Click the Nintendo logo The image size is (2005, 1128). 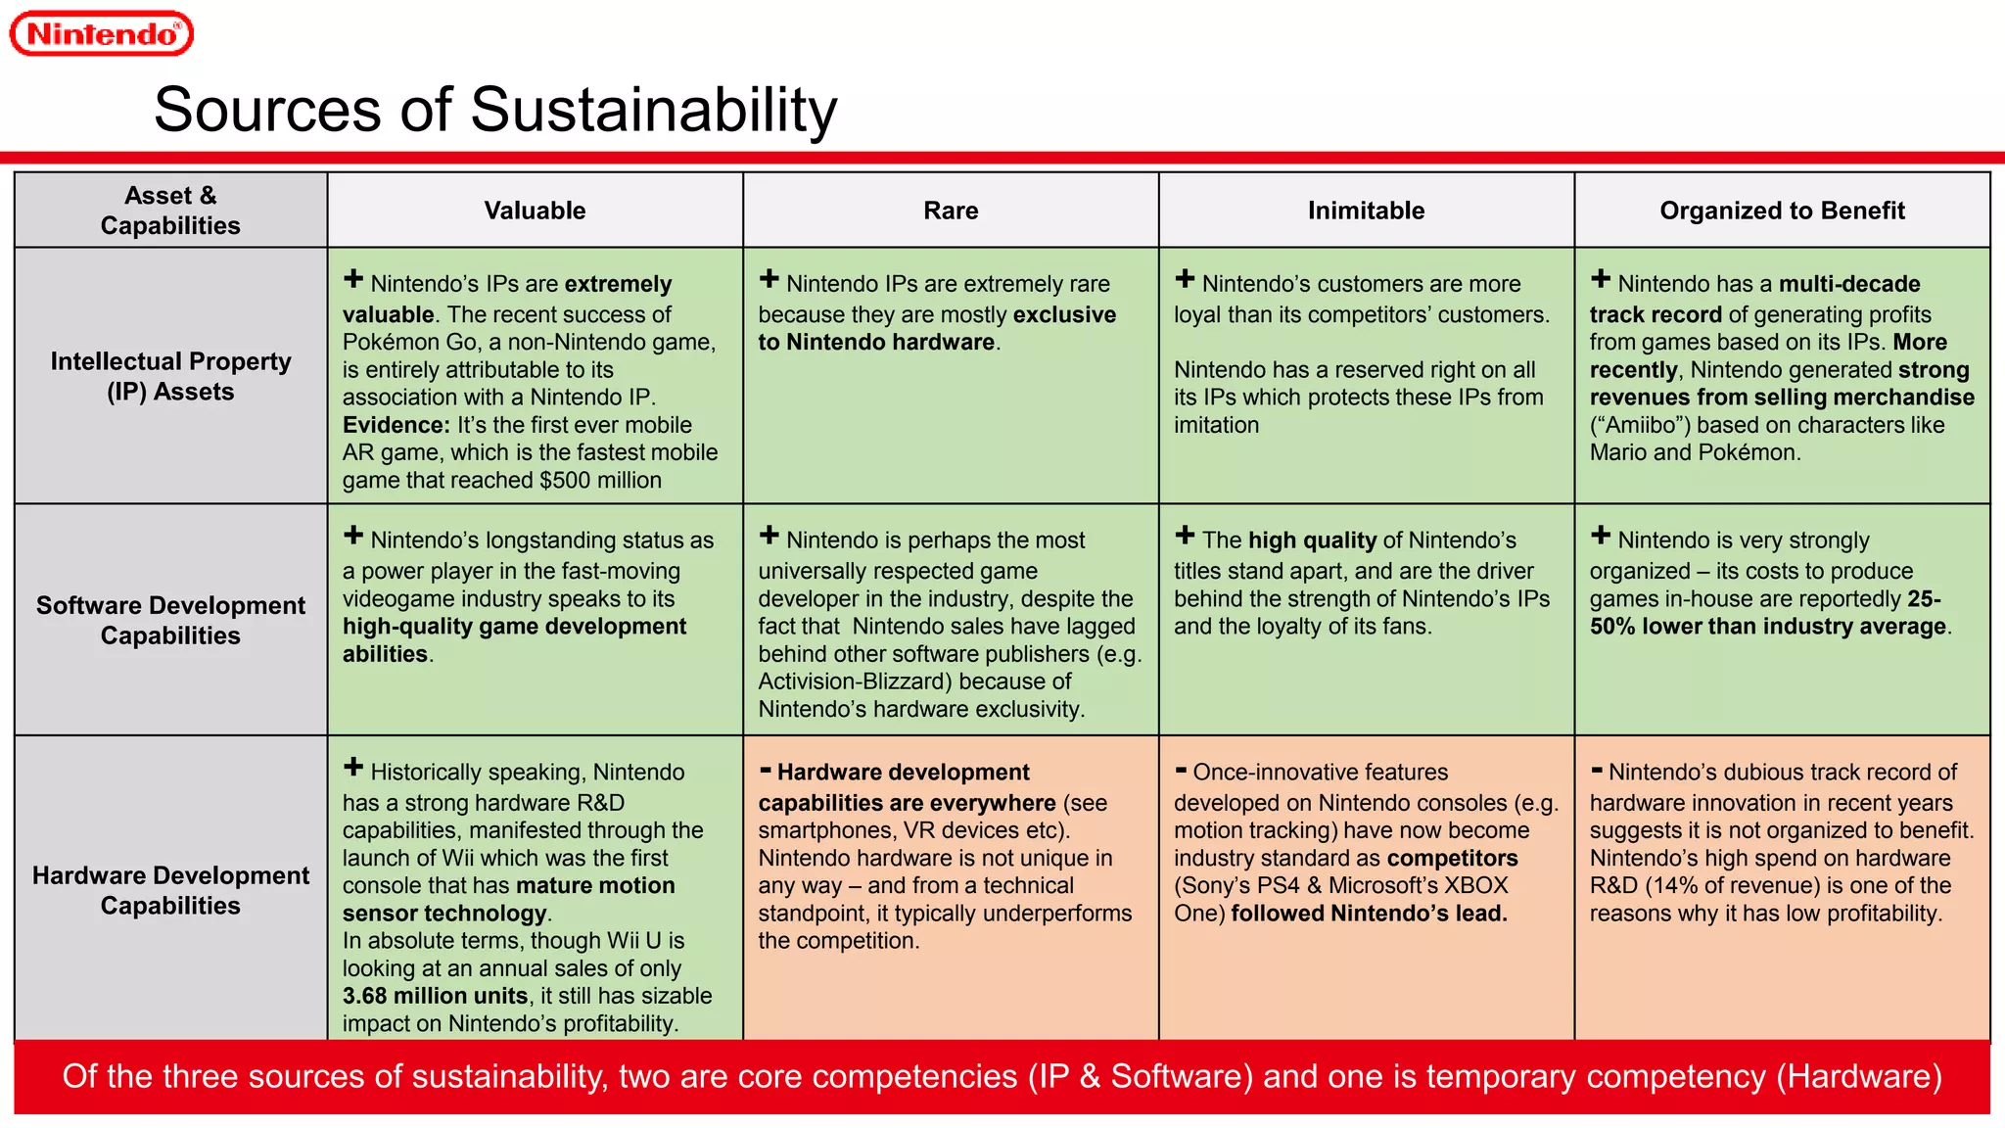point(102,34)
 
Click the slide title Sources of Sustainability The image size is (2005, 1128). point(495,109)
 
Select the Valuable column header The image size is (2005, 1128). point(535,211)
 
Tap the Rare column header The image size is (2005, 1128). point(951,211)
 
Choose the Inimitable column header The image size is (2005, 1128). point(1366,211)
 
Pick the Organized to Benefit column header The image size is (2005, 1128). point(1782,211)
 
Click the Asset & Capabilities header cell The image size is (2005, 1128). point(170,211)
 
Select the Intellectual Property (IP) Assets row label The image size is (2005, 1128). point(170,376)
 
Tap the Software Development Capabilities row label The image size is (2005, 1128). point(170,620)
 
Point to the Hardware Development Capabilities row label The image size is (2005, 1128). point(170,890)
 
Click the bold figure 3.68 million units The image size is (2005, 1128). point(435,996)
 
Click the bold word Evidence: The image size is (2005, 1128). point(396,425)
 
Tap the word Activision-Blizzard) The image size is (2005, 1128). point(853,681)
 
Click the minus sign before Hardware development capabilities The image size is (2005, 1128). point(766,771)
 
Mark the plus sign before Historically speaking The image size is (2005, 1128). point(353,768)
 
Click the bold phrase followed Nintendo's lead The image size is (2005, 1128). point(1369,914)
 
